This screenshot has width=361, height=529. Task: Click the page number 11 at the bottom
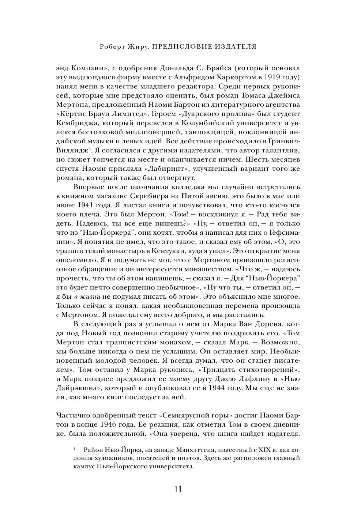click(x=177, y=490)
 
